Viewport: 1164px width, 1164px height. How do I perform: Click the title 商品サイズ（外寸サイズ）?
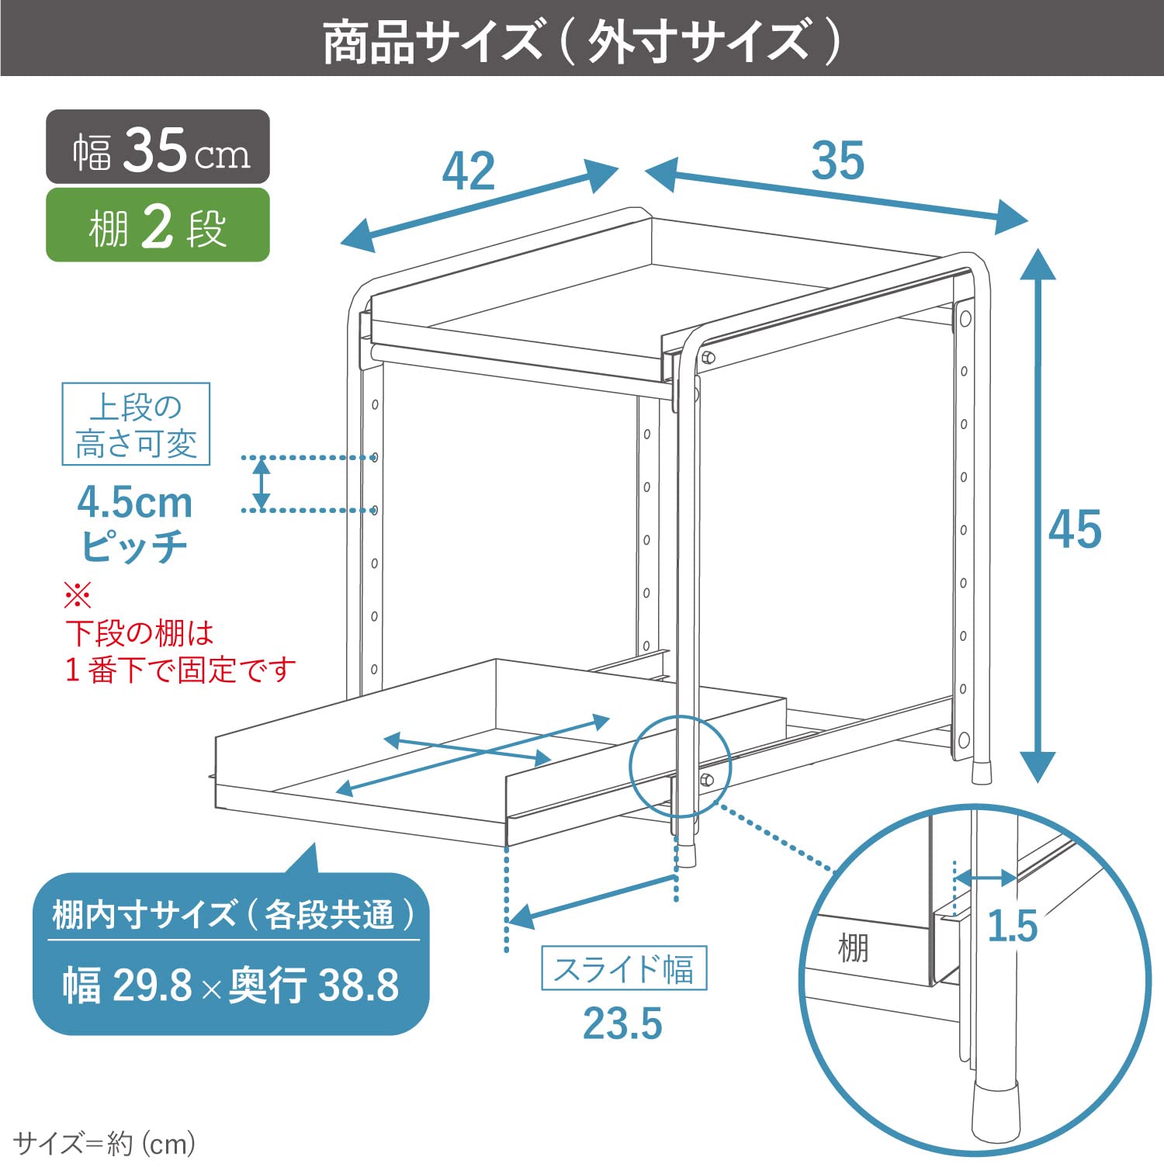click(x=582, y=40)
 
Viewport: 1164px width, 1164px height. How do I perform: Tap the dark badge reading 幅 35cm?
click(x=158, y=148)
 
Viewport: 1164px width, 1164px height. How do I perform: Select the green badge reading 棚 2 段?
click(x=158, y=227)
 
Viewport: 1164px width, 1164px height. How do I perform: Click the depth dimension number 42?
click(x=469, y=171)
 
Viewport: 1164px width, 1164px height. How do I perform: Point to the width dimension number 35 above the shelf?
click(x=837, y=161)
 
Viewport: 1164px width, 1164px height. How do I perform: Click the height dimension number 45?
click(x=1075, y=530)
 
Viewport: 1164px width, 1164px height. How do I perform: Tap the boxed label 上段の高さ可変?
click(x=136, y=424)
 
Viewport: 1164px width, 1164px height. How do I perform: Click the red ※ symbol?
click(x=78, y=596)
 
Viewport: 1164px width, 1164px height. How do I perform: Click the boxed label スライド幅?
click(x=624, y=968)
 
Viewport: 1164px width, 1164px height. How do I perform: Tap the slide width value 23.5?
click(x=622, y=1024)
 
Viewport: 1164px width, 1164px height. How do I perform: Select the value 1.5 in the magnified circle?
click(x=1012, y=926)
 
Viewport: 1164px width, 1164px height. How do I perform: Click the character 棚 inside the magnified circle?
click(x=853, y=948)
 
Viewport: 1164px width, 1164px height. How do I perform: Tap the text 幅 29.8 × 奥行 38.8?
click(x=230, y=986)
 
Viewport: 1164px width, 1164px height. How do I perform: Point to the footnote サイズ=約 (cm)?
click(x=105, y=1143)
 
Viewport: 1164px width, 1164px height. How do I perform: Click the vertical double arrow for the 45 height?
click(x=1038, y=515)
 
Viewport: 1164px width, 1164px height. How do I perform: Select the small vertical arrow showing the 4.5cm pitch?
click(x=262, y=483)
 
